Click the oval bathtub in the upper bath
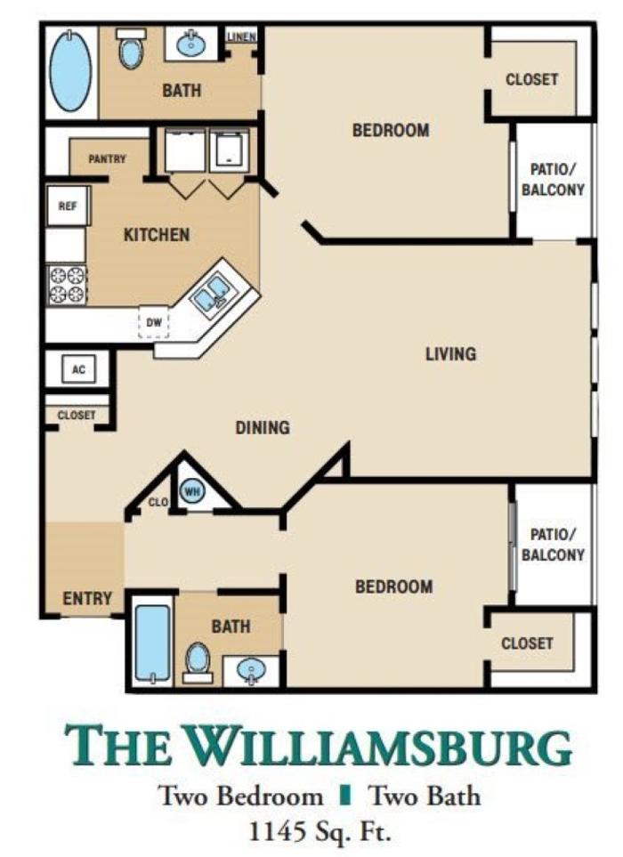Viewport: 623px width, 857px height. (70, 71)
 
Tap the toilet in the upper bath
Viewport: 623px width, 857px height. (132, 48)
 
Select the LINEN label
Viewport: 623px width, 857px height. (241, 37)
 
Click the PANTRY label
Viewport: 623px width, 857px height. (107, 159)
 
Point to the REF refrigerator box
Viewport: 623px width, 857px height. (68, 206)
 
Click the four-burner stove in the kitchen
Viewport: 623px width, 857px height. (68, 285)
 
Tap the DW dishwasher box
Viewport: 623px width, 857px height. (154, 322)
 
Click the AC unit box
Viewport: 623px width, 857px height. (78, 369)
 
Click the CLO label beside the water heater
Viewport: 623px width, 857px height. (158, 501)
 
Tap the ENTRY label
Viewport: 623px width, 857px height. (87, 599)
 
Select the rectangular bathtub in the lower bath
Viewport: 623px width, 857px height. (152, 643)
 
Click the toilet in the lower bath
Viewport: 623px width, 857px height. (198, 662)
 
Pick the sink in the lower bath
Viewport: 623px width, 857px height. (251, 670)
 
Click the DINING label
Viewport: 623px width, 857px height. (263, 427)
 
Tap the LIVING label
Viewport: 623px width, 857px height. (451, 354)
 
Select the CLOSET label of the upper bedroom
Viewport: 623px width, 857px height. (531, 79)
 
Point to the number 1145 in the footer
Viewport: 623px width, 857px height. (277, 833)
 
